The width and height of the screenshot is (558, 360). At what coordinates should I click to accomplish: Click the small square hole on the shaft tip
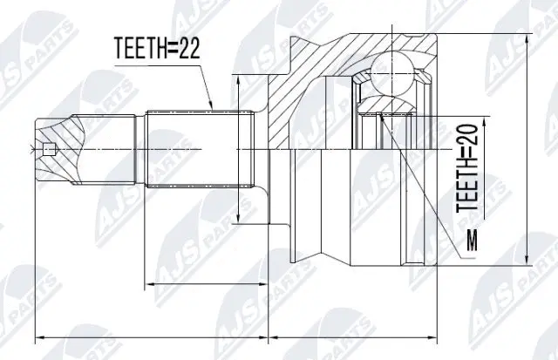tap(50, 147)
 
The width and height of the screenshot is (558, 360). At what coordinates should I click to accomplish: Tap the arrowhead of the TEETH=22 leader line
tap(212, 108)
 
